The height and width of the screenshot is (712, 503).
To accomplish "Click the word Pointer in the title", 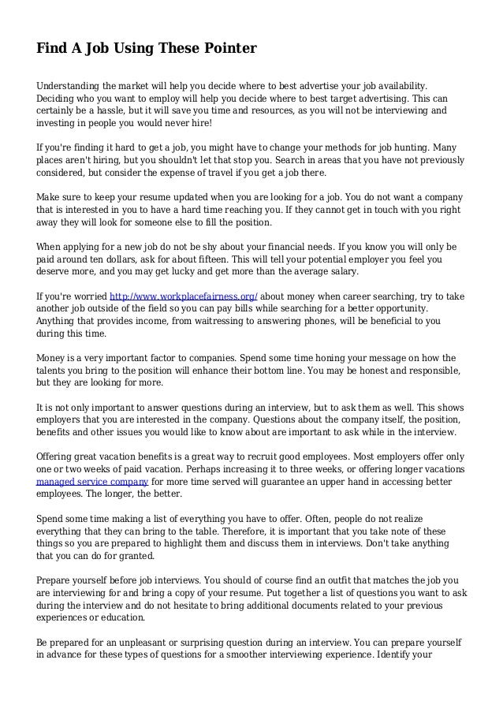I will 230,48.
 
